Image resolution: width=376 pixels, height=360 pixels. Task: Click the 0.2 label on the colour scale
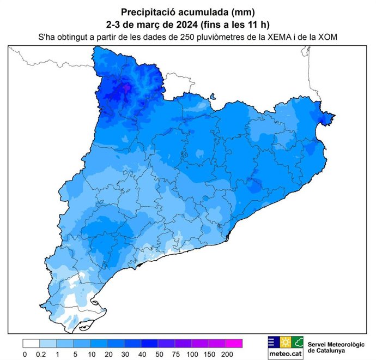click(40, 355)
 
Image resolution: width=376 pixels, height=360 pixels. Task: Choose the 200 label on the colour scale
click(228, 355)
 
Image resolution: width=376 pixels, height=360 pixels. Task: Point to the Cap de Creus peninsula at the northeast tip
click(330, 116)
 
